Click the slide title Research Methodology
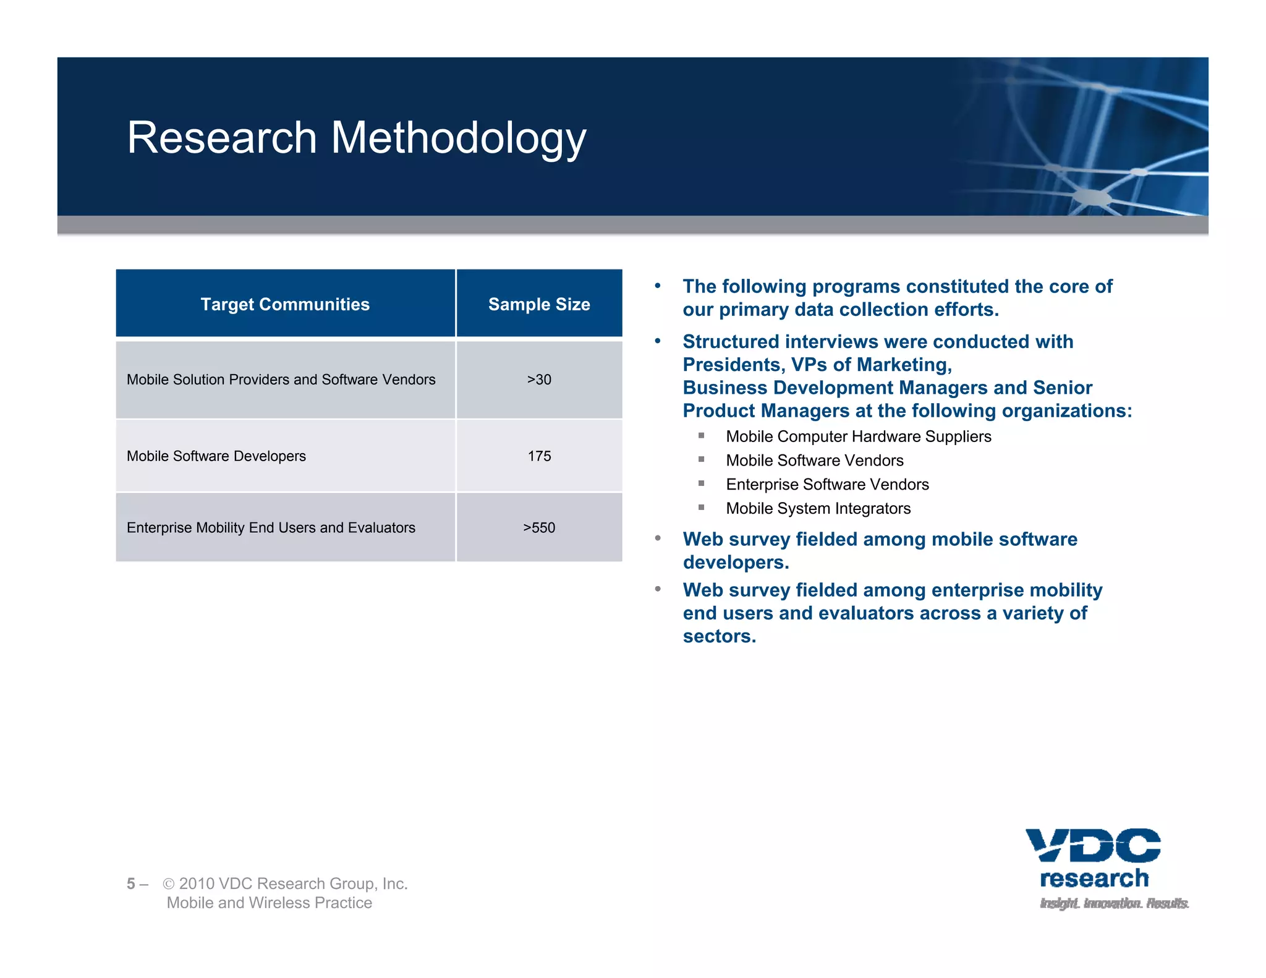click(x=356, y=137)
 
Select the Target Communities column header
click(x=285, y=304)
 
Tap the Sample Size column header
click(x=539, y=304)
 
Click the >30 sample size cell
click(x=539, y=380)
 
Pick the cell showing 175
click(x=539, y=456)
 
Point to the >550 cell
click(x=539, y=528)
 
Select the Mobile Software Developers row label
click(x=216, y=456)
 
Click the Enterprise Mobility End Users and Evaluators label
click(x=271, y=528)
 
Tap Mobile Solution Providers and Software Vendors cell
click(x=281, y=380)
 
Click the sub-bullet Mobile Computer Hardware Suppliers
click(x=858, y=436)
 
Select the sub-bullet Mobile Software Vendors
click(x=814, y=461)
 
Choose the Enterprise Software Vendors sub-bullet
click(x=827, y=485)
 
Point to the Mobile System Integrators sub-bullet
click(x=818, y=509)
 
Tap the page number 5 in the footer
click(x=131, y=884)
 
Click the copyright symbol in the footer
click(x=168, y=884)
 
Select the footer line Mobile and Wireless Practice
click(x=269, y=903)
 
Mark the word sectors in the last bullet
click(x=719, y=636)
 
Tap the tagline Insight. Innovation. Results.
click(x=1114, y=903)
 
